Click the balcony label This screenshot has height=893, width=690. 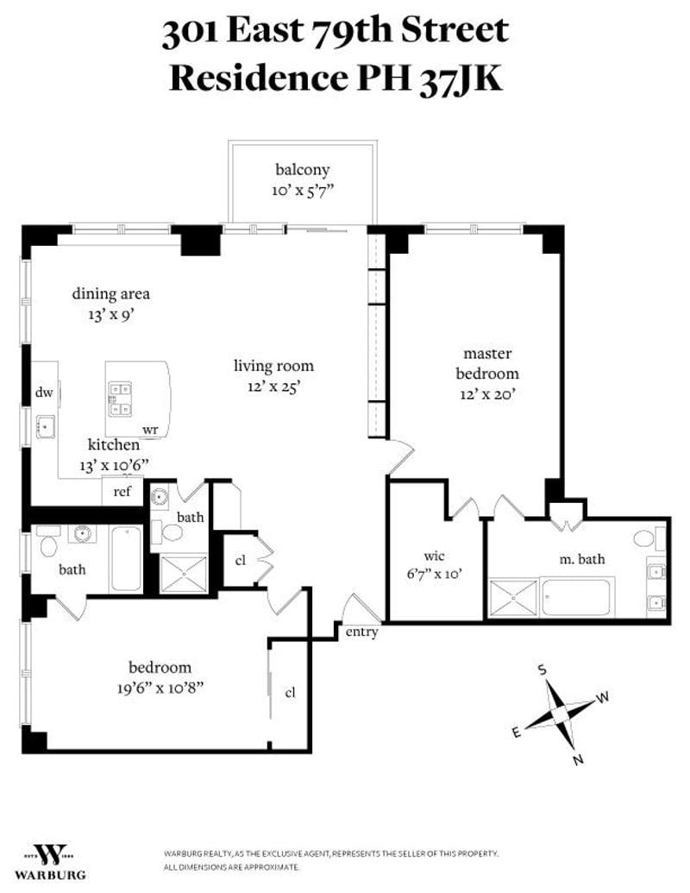click(302, 170)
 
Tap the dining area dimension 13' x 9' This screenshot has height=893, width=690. click(110, 315)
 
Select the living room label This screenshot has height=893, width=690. click(273, 366)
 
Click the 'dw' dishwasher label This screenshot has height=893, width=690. click(44, 393)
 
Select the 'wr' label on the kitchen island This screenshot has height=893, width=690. click(150, 429)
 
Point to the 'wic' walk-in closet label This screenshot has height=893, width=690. click(434, 556)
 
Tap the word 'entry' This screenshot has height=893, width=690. click(361, 632)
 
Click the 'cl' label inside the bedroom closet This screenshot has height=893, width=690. click(291, 692)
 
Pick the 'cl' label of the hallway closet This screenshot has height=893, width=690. click(241, 560)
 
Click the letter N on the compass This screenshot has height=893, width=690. click(579, 759)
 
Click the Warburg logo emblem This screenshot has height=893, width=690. click(48, 853)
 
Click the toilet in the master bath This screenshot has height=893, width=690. click(644, 539)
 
